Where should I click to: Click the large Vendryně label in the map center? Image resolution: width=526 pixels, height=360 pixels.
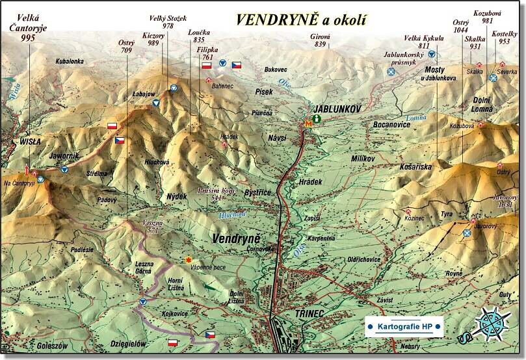tap(235, 238)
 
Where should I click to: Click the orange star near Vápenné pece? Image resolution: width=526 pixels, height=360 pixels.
tap(189, 261)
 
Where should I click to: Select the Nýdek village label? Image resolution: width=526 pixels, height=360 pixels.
tap(176, 196)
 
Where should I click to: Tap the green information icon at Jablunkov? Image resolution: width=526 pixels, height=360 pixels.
tap(317, 119)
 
